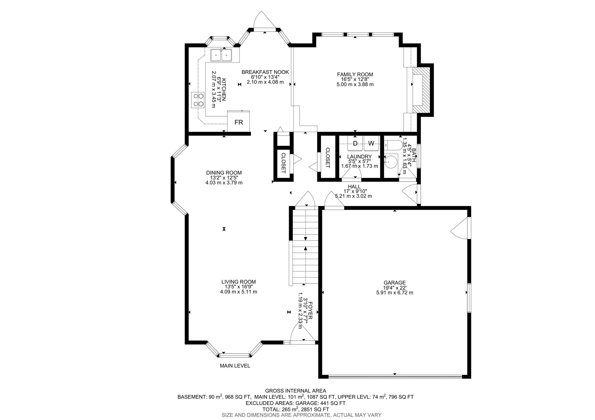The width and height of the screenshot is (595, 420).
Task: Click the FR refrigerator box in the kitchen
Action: point(239,121)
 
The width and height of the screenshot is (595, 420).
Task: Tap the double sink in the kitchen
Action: point(221,55)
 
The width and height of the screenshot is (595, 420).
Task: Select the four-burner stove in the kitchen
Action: point(198,100)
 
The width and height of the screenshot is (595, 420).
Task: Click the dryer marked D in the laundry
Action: point(355,143)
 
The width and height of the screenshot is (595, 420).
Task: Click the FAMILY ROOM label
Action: point(355,75)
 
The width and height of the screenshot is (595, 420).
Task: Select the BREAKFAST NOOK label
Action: point(265,72)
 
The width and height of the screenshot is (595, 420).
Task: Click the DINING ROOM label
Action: point(224,173)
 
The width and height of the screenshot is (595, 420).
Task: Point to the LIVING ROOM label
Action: point(238,282)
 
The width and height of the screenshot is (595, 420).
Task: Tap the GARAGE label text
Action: point(395,283)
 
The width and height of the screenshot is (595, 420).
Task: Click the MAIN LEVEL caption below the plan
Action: point(235,366)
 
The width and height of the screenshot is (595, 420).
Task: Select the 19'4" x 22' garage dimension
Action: point(395,288)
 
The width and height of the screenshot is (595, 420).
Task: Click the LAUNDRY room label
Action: point(359,157)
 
